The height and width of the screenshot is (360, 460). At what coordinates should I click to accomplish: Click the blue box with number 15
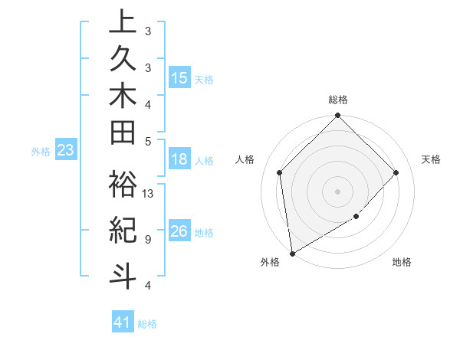click(x=179, y=78)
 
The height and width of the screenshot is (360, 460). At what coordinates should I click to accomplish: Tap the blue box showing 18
click(x=179, y=160)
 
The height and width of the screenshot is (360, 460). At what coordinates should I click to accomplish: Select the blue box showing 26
click(x=179, y=232)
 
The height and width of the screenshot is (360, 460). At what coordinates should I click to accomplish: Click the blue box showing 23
click(x=66, y=151)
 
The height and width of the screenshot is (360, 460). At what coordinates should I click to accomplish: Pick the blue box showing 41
click(x=123, y=322)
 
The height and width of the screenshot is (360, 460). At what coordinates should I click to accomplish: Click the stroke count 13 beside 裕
click(x=148, y=194)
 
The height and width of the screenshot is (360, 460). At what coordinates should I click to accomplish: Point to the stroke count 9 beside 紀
click(x=147, y=239)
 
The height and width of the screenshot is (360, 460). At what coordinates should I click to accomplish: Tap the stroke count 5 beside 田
click(x=147, y=141)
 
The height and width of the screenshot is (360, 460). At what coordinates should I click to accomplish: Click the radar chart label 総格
click(x=338, y=100)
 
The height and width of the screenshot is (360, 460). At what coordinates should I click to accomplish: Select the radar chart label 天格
click(x=432, y=159)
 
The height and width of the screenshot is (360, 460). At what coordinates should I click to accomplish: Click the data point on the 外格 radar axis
click(x=292, y=254)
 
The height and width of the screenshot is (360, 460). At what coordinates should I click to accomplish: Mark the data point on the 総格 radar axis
click(x=337, y=116)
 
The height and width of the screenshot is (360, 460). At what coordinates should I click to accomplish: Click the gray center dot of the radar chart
click(x=337, y=191)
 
